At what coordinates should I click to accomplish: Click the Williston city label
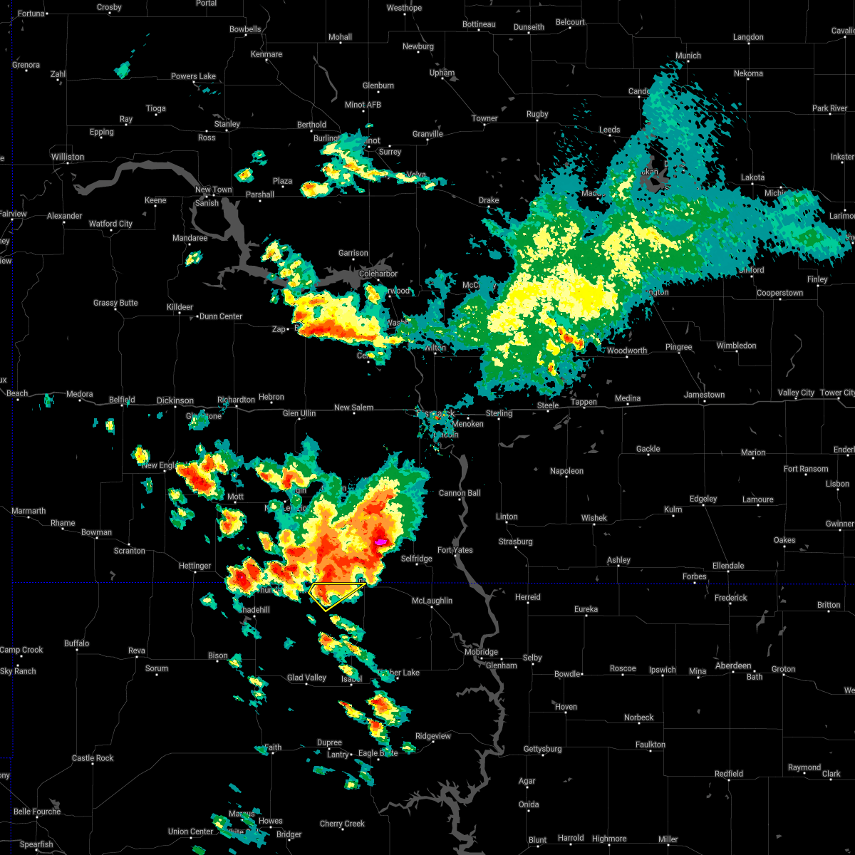click(68, 157)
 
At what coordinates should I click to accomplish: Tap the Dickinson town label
click(175, 400)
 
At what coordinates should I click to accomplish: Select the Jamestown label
click(704, 395)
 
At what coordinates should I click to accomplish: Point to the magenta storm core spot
click(380, 542)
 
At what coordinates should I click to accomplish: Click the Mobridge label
click(481, 652)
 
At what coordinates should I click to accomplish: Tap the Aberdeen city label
click(733, 665)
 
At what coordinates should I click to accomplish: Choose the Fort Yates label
click(455, 550)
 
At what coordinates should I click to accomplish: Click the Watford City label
click(110, 224)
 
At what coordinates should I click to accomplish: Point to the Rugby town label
click(537, 114)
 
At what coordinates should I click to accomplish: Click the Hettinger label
click(195, 566)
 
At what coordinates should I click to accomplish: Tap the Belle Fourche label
click(36, 812)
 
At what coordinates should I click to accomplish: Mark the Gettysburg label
click(543, 749)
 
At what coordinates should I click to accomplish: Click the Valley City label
click(796, 393)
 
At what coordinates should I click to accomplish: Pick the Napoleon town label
click(566, 471)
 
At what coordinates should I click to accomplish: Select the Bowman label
click(96, 532)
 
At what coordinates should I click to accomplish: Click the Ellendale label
click(728, 566)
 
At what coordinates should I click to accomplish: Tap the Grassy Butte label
click(115, 303)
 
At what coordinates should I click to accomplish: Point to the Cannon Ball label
click(460, 493)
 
